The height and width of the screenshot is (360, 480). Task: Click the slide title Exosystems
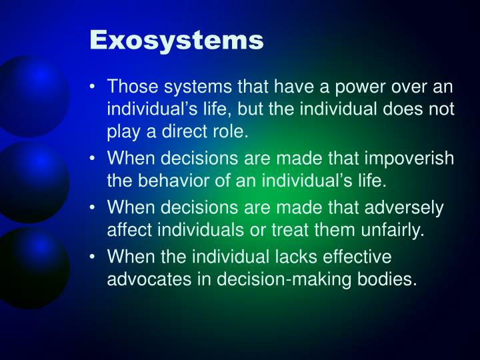click(x=177, y=40)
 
